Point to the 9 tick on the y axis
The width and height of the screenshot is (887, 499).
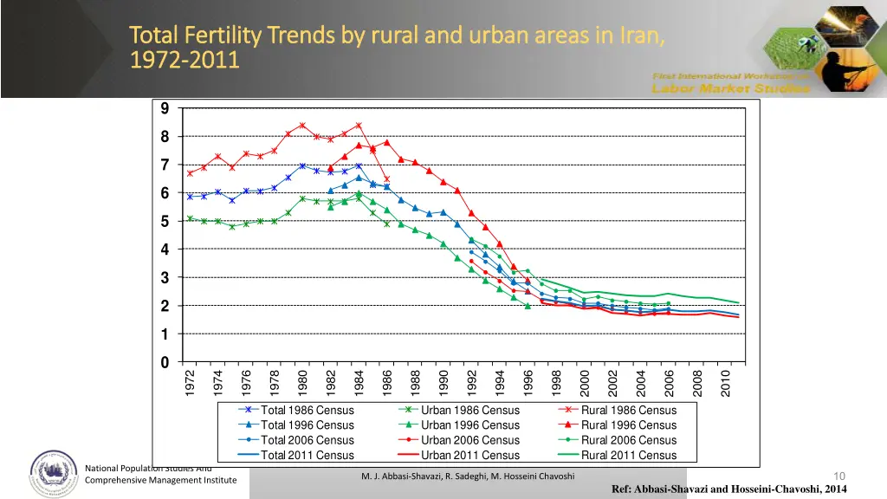pos(165,109)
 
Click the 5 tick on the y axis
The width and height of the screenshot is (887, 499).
pos(165,222)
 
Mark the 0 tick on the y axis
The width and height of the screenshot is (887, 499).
pos(165,362)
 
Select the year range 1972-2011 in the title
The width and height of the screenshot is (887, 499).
pos(184,61)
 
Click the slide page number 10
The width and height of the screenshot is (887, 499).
pos(838,476)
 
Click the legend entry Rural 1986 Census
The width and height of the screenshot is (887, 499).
pos(629,411)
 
